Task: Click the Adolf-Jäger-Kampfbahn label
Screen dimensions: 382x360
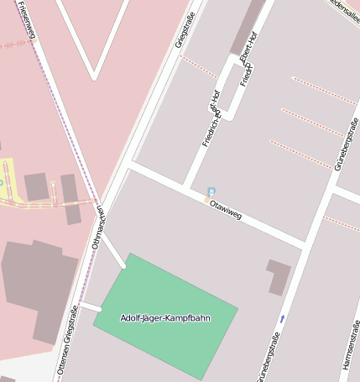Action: click(165, 318)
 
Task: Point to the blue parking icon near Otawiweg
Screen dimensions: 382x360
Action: click(211, 192)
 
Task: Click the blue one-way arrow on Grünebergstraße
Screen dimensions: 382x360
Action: click(282, 318)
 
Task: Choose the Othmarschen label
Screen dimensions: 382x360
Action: click(98, 228)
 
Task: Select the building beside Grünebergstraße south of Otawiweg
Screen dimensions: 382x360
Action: click(279, 276)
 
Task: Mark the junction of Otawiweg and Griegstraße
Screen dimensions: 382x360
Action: click(128, 166)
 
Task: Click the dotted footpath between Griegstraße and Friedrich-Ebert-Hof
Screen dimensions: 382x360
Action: click(199, 67)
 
